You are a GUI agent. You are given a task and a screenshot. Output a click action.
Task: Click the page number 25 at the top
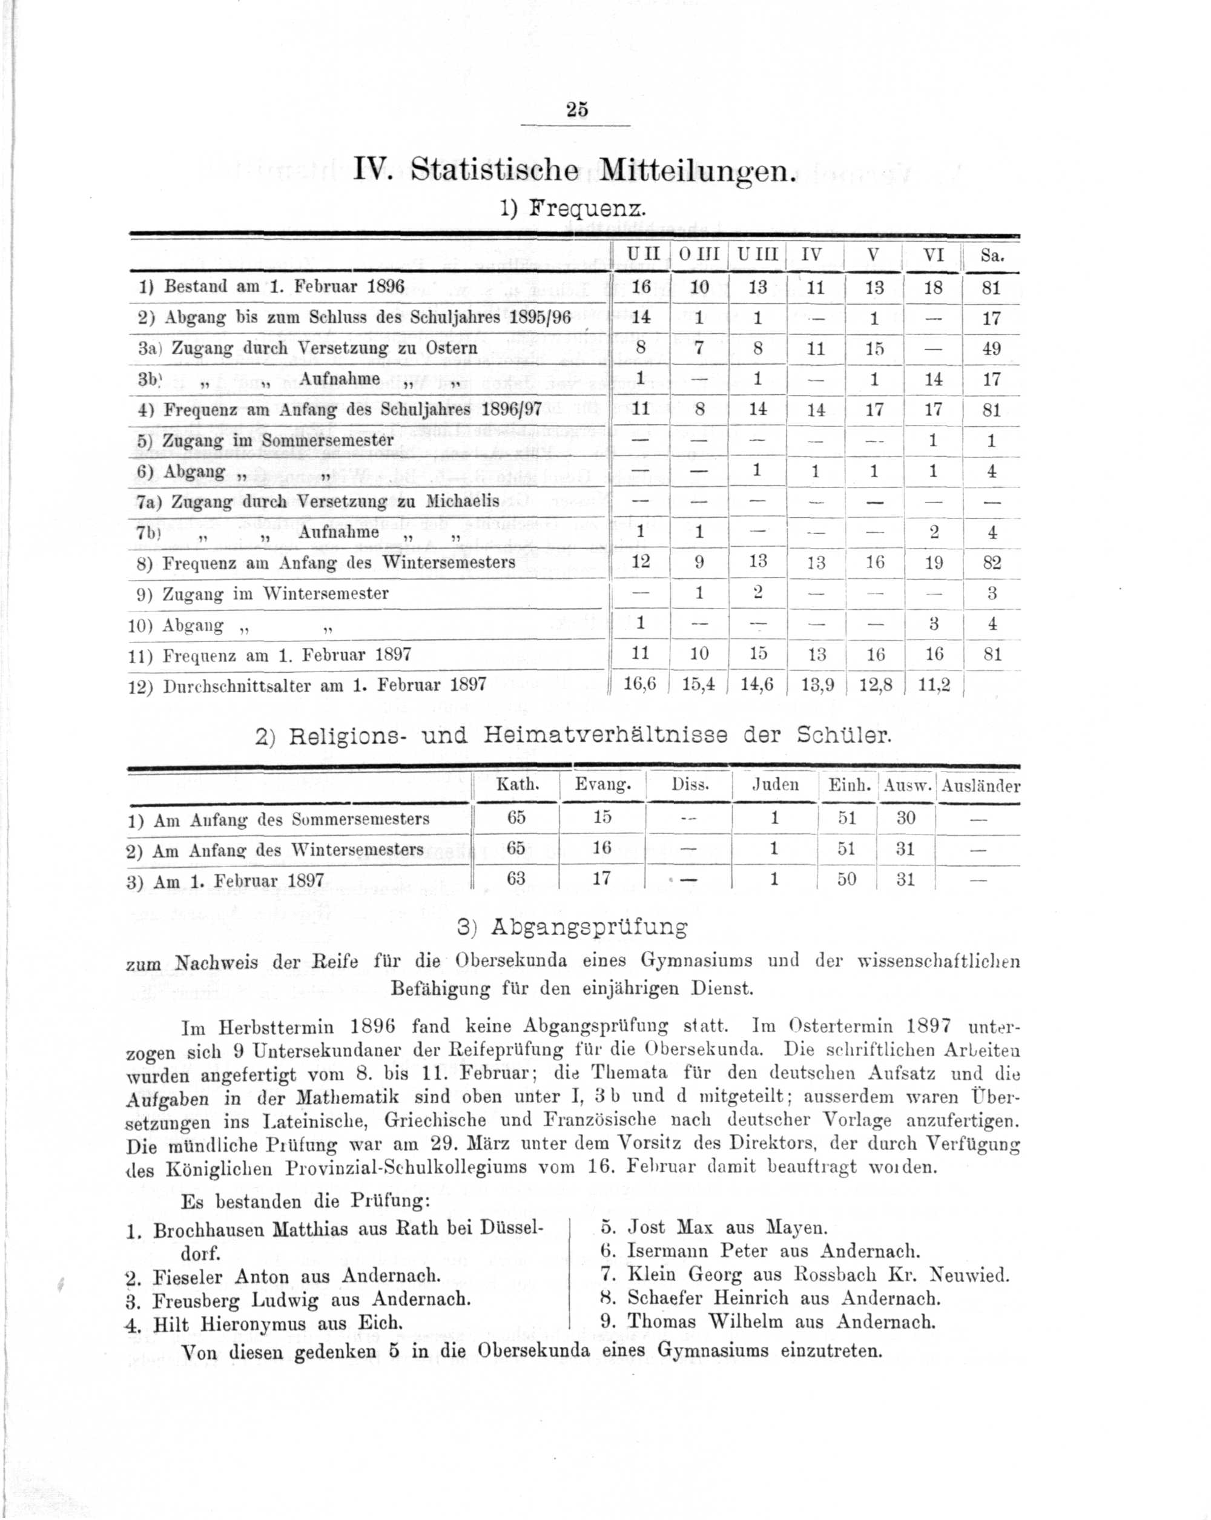coord(576,110)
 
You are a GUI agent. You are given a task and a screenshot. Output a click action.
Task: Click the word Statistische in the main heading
coord(494,171)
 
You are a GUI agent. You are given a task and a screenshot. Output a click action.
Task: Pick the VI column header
coord(933,255)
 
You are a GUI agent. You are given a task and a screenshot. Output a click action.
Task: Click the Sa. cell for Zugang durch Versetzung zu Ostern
coord(991,349)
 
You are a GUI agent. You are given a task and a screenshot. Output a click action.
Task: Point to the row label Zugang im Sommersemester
coord(278,441)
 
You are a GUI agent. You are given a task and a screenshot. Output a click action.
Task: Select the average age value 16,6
coord(640,684)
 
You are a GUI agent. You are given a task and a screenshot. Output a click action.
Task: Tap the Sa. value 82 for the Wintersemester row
coord(991,563)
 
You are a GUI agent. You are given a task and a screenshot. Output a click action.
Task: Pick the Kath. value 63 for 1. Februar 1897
coord(516,879)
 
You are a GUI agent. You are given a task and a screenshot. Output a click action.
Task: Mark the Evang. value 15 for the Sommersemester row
coord(602,817)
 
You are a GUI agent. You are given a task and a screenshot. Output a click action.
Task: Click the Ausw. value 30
coord(906,818)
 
